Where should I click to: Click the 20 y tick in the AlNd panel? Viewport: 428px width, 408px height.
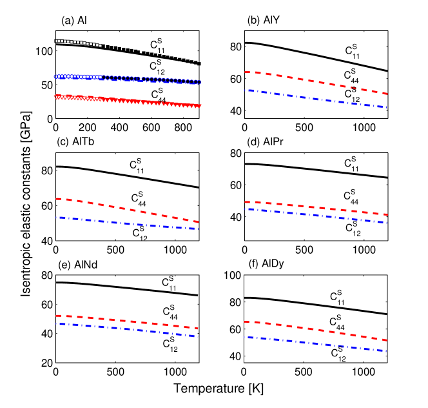46,363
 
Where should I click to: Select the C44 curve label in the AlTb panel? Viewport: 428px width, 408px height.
139,197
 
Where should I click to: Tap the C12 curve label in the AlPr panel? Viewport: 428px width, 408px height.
353,226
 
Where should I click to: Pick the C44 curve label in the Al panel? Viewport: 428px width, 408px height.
159,94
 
